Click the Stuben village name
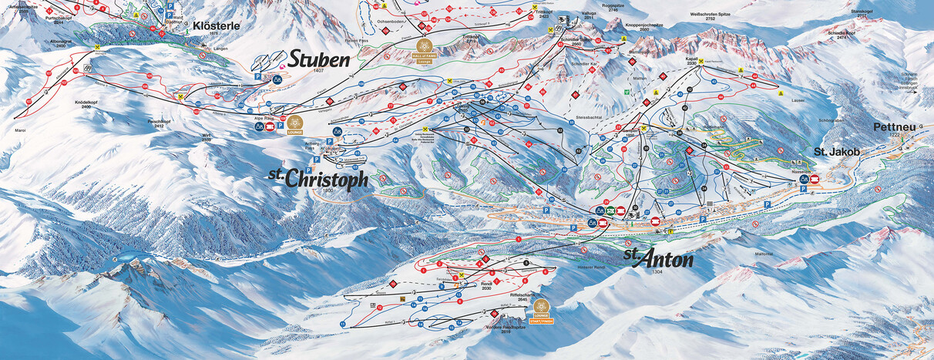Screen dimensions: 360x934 [x=319, y=59]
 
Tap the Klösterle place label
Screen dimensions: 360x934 [x=217, y=25]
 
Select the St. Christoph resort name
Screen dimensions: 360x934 [x=317, y=179]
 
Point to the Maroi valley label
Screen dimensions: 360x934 [x=20, y=130]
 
